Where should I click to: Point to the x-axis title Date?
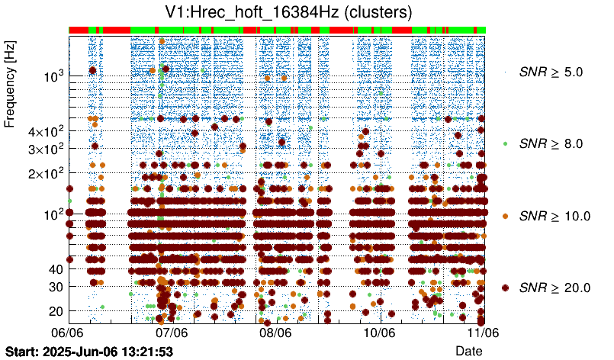click(x=469, y=350)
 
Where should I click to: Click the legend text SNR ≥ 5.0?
click(x=550, y=72)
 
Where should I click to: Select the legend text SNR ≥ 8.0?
click(x=550, y=143)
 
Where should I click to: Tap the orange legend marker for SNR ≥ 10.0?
click(x=505, y=216)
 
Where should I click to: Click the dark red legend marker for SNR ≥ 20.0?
click(x=505, y=288)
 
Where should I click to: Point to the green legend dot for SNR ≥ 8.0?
click(x=505, y=143)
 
